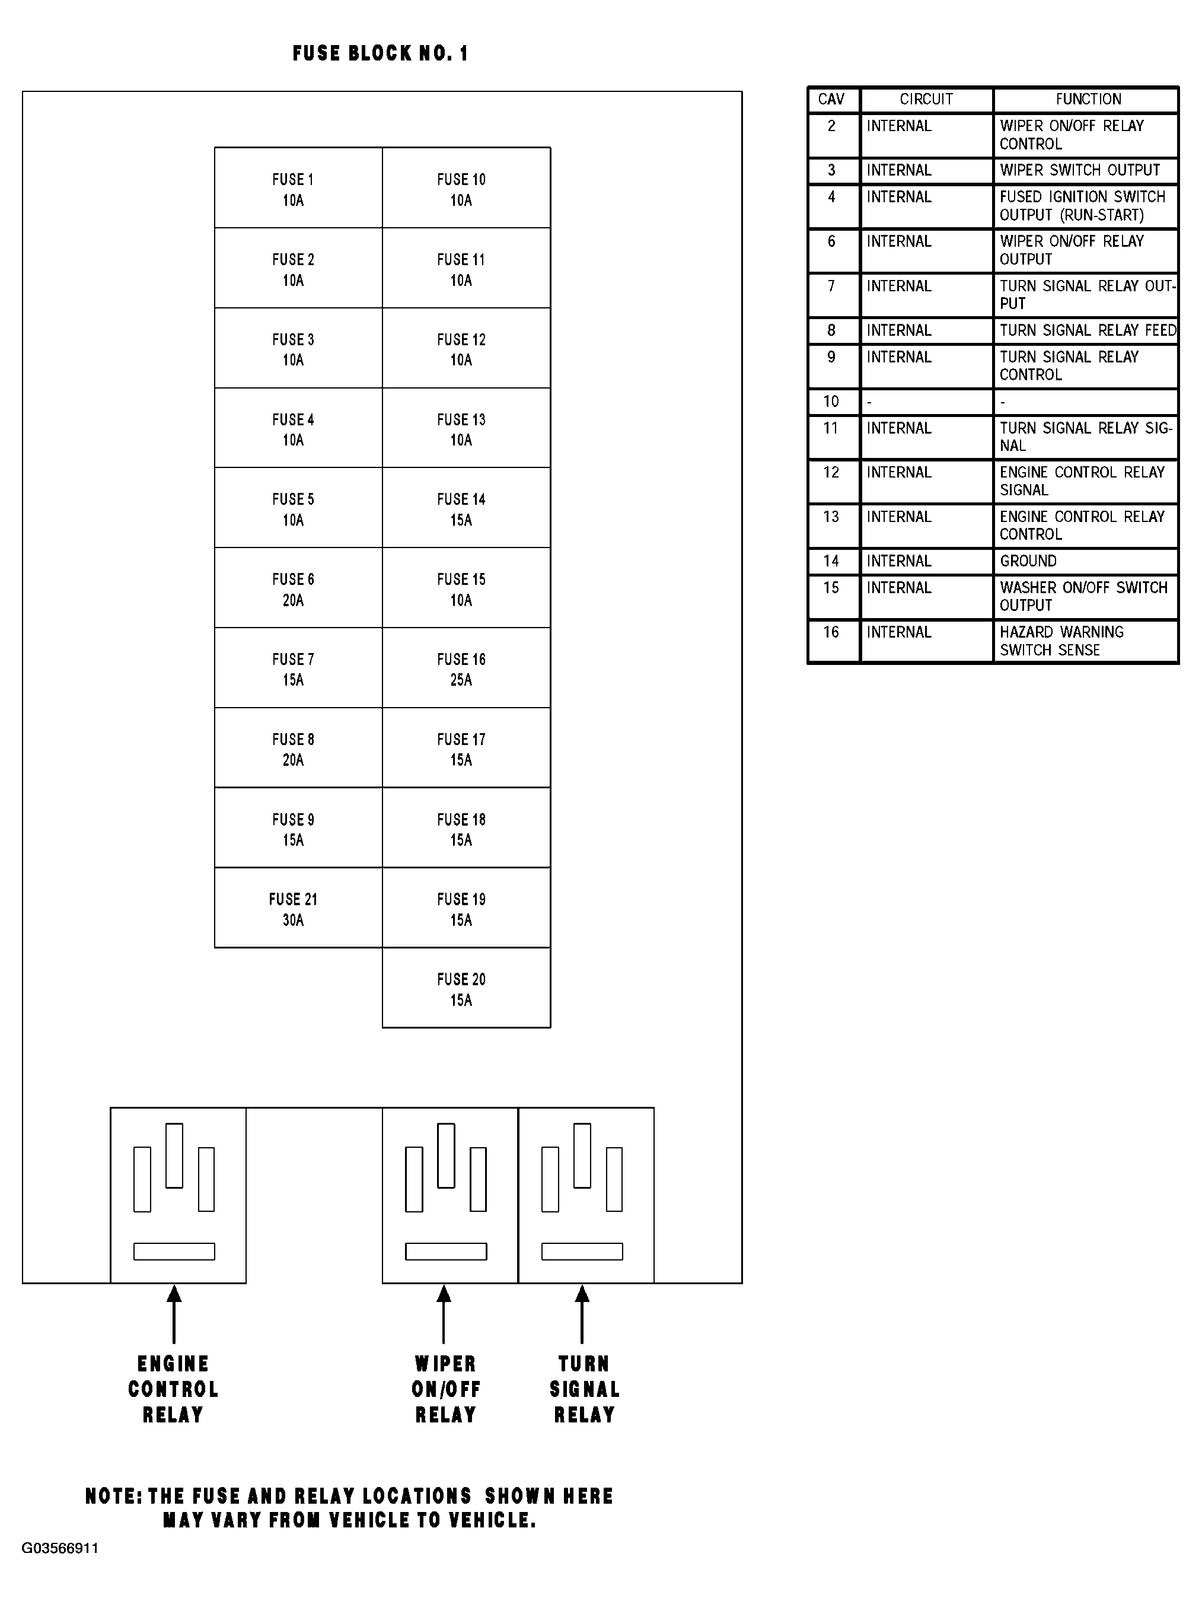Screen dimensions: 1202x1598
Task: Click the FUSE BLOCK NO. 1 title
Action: click(381, 53)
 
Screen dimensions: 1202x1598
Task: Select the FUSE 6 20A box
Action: click(298, 587)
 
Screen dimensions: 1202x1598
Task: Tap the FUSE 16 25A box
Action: click(466, 667)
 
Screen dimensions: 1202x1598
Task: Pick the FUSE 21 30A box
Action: click(298, 908)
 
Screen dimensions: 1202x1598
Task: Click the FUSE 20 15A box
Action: click(466, 988)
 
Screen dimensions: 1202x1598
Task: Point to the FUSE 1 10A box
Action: click(298, 188)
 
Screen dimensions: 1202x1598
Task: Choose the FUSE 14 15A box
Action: click(466, 507)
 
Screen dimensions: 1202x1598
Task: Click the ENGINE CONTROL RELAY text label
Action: click(173, 1389)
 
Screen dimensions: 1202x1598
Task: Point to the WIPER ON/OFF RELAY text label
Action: click(446, 1389)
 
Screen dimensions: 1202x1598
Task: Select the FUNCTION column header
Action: click(1088, 100)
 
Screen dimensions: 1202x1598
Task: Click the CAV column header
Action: click(831, 100)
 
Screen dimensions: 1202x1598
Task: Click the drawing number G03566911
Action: click(60, 1548)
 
